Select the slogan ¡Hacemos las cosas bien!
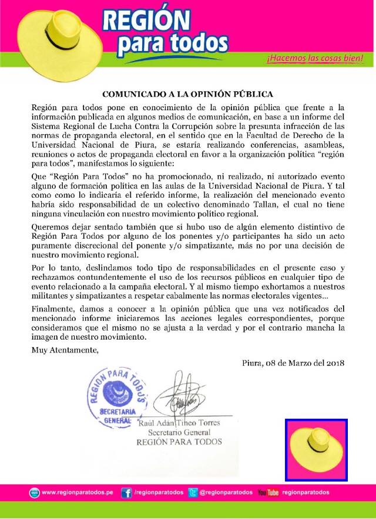314,59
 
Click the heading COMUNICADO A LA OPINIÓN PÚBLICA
187,94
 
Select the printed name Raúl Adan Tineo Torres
179,423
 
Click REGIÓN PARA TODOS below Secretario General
179,442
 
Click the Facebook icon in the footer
126,493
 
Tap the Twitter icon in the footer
193,493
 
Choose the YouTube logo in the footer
268,493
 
